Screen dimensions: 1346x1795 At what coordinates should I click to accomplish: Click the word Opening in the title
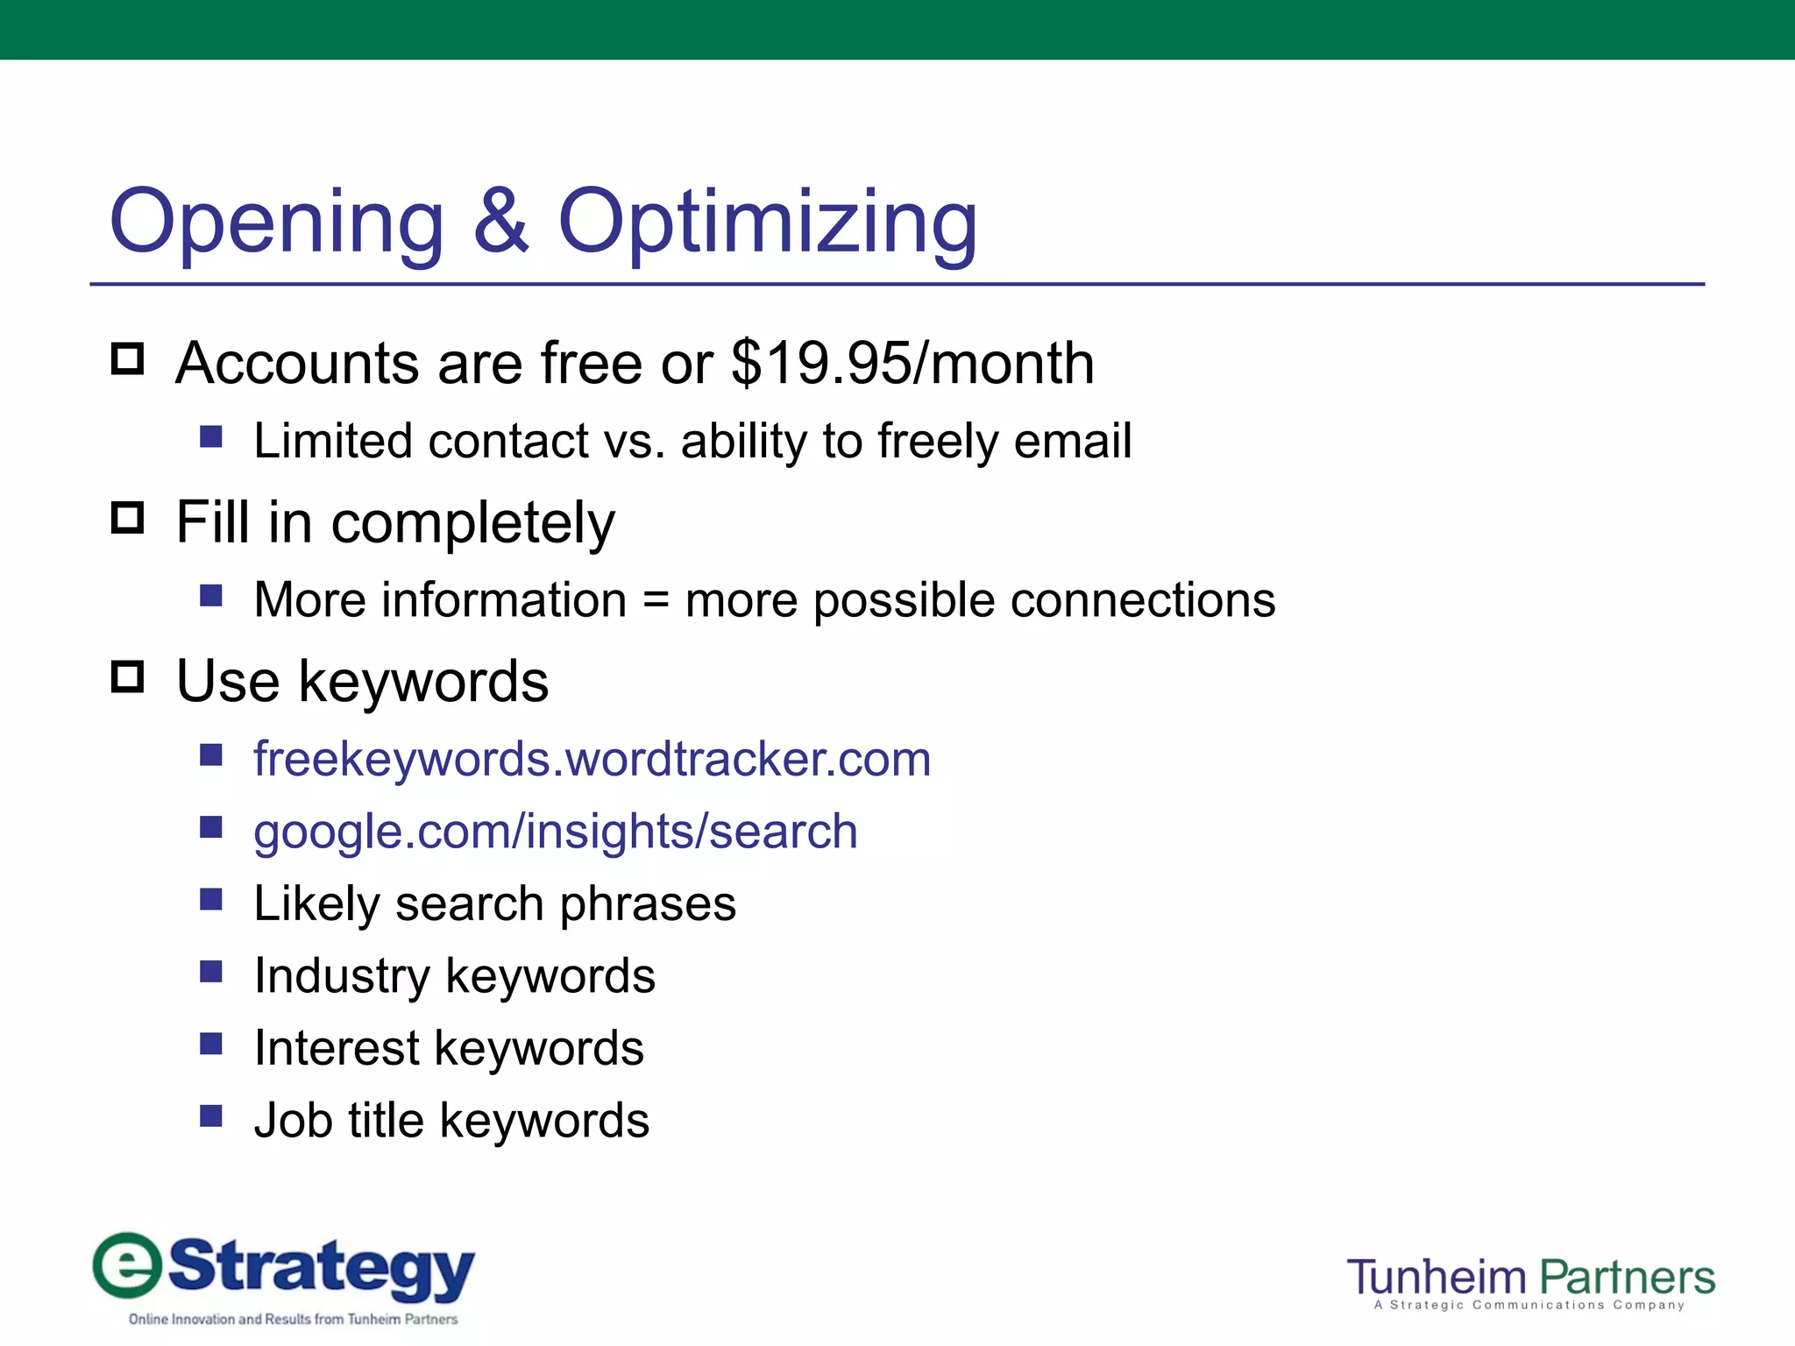click(x=277, y=223)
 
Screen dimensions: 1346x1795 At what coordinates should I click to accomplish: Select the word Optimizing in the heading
click(x=767, y=223)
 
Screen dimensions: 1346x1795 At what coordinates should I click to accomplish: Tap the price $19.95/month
click(x=912, y=363)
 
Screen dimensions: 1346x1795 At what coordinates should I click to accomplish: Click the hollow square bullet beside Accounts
click(x=128, y=358)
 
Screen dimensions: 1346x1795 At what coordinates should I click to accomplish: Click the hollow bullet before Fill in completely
click(x=128, y=518)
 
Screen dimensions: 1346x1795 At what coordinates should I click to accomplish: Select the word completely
click(x=472, y=524)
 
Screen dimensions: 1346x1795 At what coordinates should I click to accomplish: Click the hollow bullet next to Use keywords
click(x=128, y=677)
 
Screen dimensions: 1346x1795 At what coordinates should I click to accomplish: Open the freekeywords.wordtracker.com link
click(x=592, y=759)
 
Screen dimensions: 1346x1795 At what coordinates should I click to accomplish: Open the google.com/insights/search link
click(x=555, y=832)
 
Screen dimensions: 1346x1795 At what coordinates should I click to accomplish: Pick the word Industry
click(x=342, y=976)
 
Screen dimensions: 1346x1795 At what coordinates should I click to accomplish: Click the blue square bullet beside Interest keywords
click(x=211, y=1044)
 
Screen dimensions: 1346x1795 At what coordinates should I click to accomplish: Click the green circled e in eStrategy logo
click(x=128, y=1265)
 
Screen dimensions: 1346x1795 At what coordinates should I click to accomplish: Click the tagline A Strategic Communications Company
click(x=1529, y=1306)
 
